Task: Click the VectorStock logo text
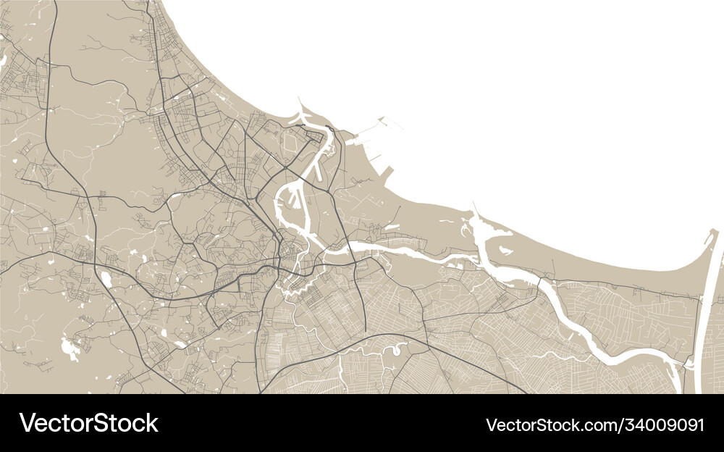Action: point(88,423)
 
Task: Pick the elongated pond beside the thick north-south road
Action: point(106,279)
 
